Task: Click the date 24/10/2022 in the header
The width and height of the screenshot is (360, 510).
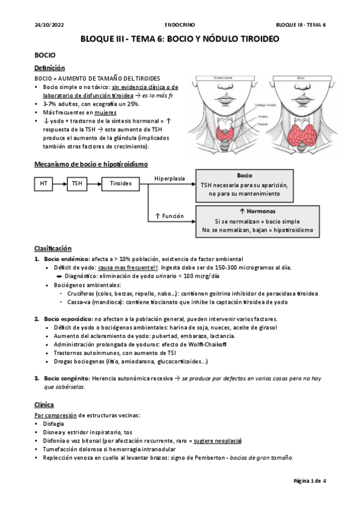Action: coord(46,25)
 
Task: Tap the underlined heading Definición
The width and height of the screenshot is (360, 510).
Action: coord(49,69)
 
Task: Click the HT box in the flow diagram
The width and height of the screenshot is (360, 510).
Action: coord(43,184)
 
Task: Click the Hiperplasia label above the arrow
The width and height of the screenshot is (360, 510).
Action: coord(170,179)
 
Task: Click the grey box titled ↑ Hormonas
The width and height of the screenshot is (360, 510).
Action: coord(244,221)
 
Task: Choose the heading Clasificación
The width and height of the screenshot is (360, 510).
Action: coord(52,248)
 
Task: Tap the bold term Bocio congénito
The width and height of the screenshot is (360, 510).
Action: coord(66,378)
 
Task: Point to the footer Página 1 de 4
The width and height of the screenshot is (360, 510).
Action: coord(309,482)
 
